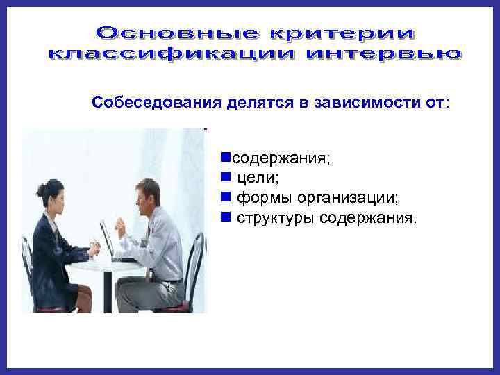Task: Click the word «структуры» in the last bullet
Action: pyautogui.click(x=275, y=219)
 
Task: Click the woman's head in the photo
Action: pyautogui.click(x=55, y=196)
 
